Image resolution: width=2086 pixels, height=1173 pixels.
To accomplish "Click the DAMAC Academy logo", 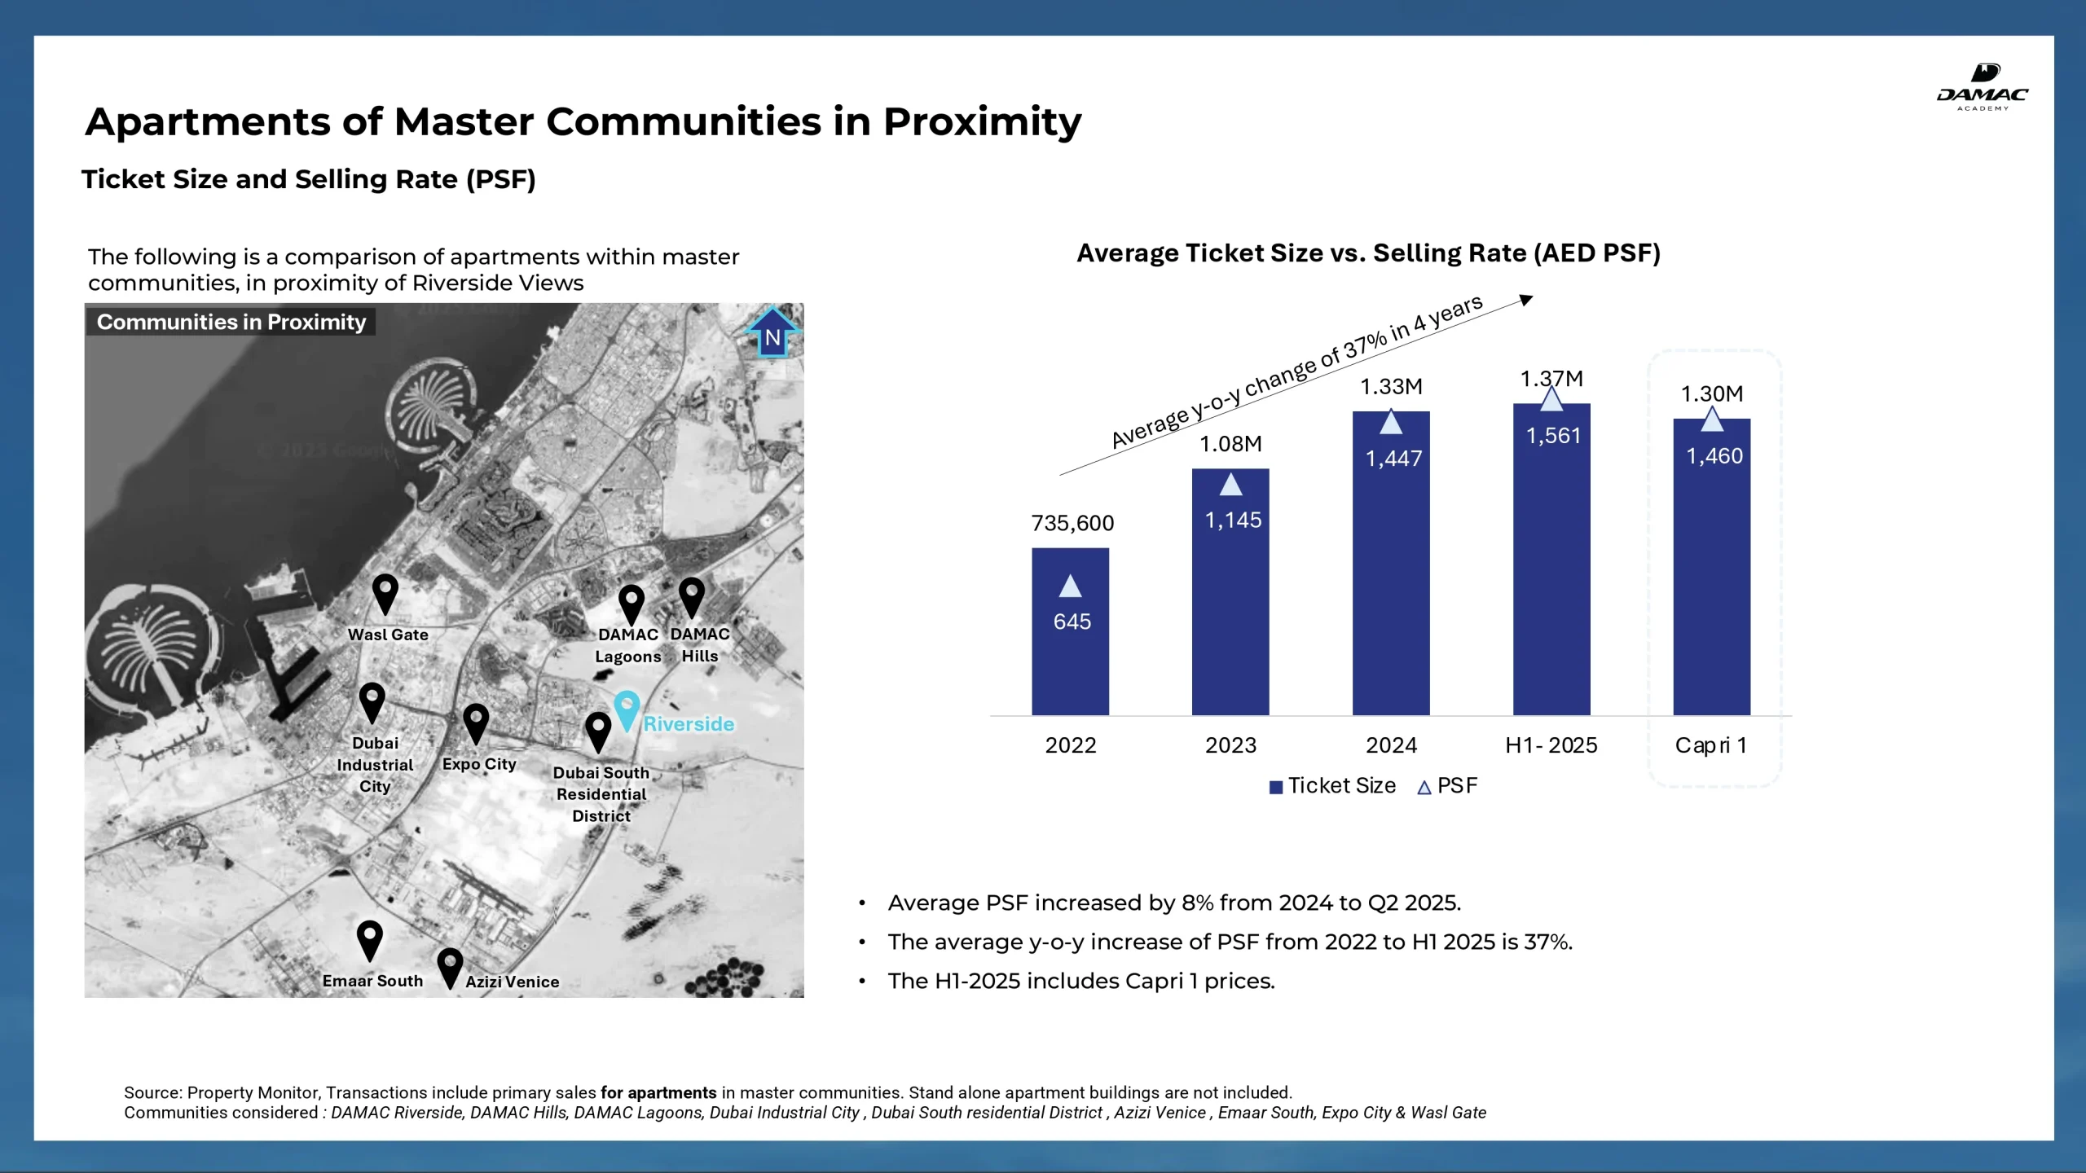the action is [x=1982, y=86].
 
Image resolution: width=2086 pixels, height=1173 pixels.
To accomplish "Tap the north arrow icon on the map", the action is [x=772, y=332].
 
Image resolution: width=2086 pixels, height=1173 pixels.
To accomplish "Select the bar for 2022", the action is [x=1070, y=631].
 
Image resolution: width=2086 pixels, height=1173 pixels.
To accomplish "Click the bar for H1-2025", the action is [x=1551, y=560].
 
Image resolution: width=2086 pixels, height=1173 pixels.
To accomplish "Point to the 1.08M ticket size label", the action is [x=1230, y=444].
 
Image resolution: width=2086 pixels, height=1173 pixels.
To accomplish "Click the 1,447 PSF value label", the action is [x=1393, y=459].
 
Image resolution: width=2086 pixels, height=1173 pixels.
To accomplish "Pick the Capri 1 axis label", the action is [x=1710, y=745].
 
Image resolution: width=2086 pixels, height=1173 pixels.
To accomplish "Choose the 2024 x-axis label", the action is [x=1391, y=745].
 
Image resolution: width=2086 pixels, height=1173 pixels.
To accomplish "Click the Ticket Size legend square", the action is [x=1276, y=787].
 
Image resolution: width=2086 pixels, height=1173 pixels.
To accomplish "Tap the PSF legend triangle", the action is [x=1424, y=788].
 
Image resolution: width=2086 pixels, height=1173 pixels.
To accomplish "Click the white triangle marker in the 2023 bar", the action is [x=1230, y=485].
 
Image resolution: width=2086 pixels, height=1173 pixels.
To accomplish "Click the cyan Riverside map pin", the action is [x=627, y=710].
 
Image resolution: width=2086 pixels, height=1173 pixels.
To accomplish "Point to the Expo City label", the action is [x=479, y=764].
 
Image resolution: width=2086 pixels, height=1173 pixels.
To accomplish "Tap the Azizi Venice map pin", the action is [x=450, y=967].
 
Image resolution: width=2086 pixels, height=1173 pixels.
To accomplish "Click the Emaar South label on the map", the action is [x=372, y=981].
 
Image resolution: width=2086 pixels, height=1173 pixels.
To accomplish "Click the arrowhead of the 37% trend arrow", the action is [x=1527, y=300].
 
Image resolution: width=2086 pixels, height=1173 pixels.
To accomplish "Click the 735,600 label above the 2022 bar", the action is [x=1072, y=523].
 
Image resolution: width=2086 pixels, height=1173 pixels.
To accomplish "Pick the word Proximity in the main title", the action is [x=983, y=122].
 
